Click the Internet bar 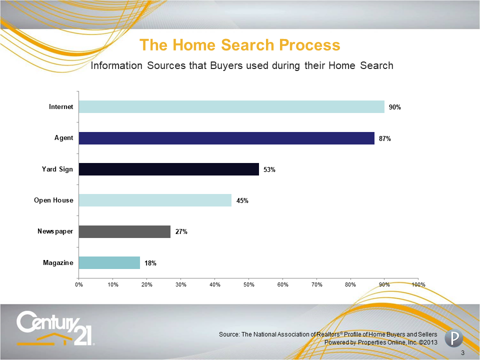(231, 107)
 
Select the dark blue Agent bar (226, 138)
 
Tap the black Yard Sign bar (169, 169)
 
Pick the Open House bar (155, 200)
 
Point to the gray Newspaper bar (124, 231)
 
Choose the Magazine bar (109, 262)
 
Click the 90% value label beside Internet (395, 107)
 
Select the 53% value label (269, 169)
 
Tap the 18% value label (150, 263)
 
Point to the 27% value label (181, 231)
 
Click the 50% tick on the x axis (249, 284)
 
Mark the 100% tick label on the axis (418, 284)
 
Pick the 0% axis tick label (79, 284)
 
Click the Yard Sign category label (57, 169)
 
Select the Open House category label (53, 200)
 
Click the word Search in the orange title (247, 45)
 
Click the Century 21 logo (55, 328)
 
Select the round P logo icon (453, 338)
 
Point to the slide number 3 (462, 353)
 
